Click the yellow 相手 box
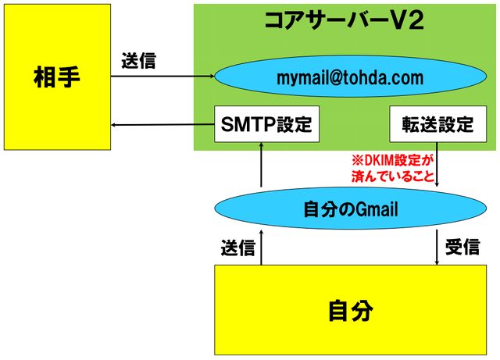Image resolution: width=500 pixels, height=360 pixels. tap(57, 77)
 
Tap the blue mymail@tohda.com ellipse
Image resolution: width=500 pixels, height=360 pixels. tap(349, 77)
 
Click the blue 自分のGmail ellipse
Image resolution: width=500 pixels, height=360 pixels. tap(349, 209)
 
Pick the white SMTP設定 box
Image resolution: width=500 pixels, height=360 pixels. tap(267, 124)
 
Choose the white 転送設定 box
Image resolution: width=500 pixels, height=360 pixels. tap(437, 124)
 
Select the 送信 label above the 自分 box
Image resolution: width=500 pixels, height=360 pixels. tap(237, 247)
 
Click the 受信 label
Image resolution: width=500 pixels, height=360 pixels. tap(462, 247)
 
